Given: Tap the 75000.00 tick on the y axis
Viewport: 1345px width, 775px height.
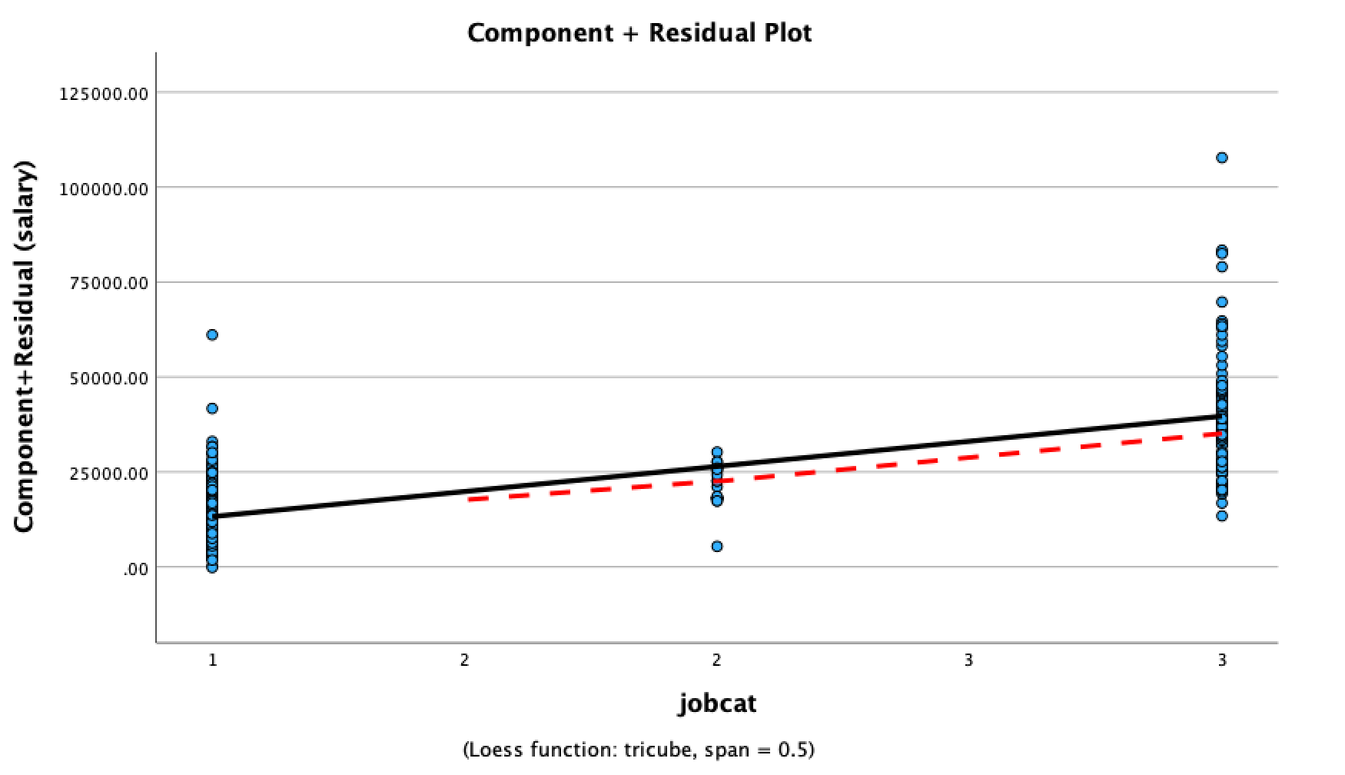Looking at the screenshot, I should pyautogui.click(x=108, y=283).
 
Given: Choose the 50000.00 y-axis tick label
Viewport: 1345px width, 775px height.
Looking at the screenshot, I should pyautogui.click(x=108, y=378).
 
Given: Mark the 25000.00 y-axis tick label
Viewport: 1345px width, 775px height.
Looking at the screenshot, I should pyautogui.click(x=108, y=472).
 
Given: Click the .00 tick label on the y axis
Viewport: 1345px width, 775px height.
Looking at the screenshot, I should pyautogui.click(x=135, y=569).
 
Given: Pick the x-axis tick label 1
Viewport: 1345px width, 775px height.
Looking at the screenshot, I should pyautogui.click(x=213, y=660).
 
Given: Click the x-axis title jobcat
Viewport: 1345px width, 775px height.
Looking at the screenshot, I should pyautogui.click(x=717, y=703).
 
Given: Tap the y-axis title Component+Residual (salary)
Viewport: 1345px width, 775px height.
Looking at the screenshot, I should pyautogui.click(x=25, y=346).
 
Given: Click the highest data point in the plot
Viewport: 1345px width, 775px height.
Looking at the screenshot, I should pyautogui.click(x=1222, y=158).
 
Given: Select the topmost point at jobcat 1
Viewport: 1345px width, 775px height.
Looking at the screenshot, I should pyautogui.click(x=212, y=334).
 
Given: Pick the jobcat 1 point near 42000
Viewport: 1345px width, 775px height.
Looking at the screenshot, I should pyautogui.click(x=212, y=408).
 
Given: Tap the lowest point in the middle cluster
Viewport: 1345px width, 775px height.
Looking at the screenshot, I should pyautogui.click(x=717, y=547).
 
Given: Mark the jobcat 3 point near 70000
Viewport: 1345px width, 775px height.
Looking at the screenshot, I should pyautogui.click(x=1222, y=302).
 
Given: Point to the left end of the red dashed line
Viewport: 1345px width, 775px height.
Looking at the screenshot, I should pyautogui.click(x=469, y=500).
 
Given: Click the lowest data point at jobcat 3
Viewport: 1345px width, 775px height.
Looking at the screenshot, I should pyautogui.click(x=1222, y=516).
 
